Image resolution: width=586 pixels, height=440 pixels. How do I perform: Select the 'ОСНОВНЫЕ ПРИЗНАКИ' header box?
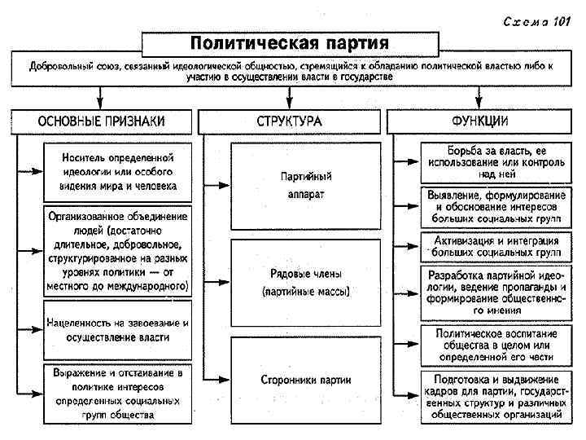tap(101, 121)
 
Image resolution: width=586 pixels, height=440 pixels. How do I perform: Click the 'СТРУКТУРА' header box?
tap(289, 121)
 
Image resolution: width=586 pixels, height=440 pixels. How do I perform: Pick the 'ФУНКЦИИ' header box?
tap(480, 121)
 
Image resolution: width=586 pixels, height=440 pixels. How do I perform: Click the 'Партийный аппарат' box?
tap(306, 186)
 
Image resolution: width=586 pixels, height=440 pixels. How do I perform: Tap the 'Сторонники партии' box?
tap(306, 379)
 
